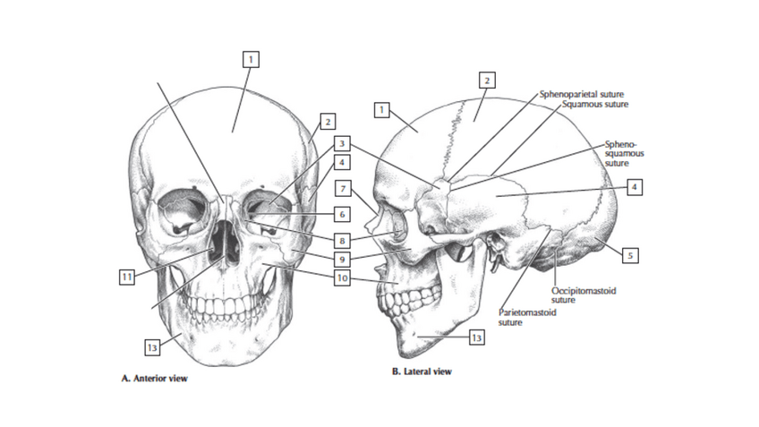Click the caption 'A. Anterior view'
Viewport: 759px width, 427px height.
pyautogui.click(x=154, y=378)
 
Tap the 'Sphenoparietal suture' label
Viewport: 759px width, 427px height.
pyautogui.click(x=582, y=93)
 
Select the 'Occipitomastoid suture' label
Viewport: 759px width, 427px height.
pyautogui.click(x=583, y=295)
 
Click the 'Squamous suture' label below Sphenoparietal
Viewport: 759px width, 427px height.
pyautogui.click(x=594, y=104)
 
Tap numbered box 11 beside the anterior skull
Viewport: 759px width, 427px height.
pyautogui.click(x=127, y=276)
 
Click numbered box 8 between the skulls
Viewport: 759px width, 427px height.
pyautogui.click(x=342, y=240)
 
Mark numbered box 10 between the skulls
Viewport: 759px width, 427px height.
pyautogui.click(x=342, y=278)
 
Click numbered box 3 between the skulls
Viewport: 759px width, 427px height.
pyautogui.click(x=342, y=143)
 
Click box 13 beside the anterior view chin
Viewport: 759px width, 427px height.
pyautogui.click(x=153, y=345)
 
